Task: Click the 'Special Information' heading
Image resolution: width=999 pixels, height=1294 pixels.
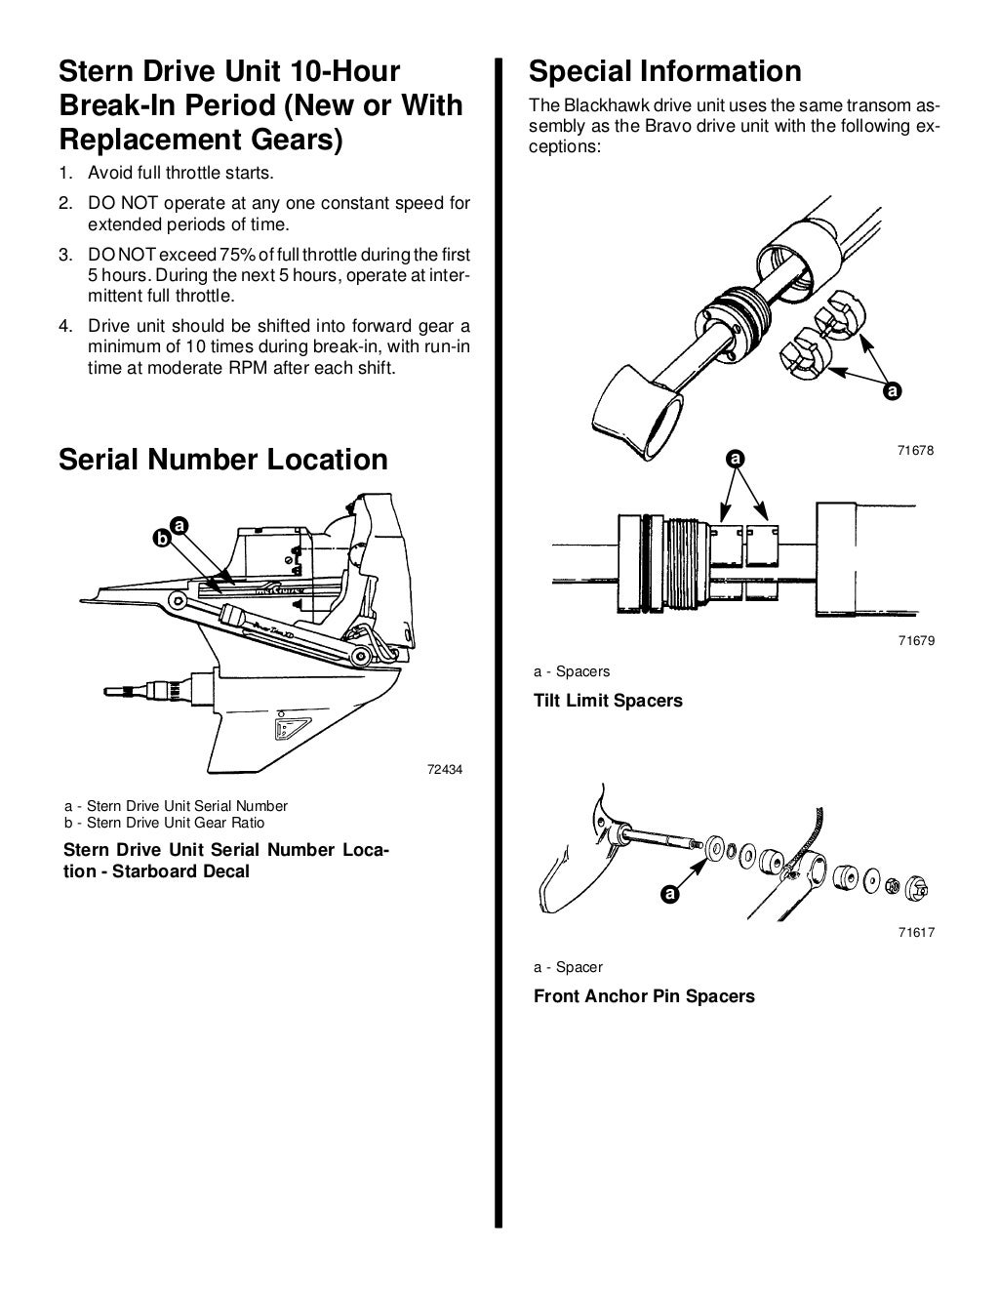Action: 664,71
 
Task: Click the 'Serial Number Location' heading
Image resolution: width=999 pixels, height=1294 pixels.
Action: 223,460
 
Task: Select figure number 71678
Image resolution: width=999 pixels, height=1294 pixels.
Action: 916,451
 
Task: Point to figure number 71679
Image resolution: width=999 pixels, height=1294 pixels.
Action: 916,641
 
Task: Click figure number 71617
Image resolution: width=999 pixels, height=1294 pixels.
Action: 916,933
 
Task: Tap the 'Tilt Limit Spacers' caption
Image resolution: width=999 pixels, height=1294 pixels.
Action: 608,701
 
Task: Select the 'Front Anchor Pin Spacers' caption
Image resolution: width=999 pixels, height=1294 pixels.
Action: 644,996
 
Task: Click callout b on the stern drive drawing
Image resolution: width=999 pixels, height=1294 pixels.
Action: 163,537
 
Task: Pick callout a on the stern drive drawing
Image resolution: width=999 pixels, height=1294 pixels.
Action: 179,525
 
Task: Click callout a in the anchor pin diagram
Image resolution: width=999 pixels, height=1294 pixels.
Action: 669,893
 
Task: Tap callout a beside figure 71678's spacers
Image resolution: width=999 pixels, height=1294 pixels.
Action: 890,392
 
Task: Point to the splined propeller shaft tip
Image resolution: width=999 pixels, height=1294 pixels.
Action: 117,689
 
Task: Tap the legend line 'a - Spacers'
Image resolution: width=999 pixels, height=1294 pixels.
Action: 572,671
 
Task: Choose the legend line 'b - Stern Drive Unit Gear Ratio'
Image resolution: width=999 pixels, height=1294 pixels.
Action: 164,822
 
